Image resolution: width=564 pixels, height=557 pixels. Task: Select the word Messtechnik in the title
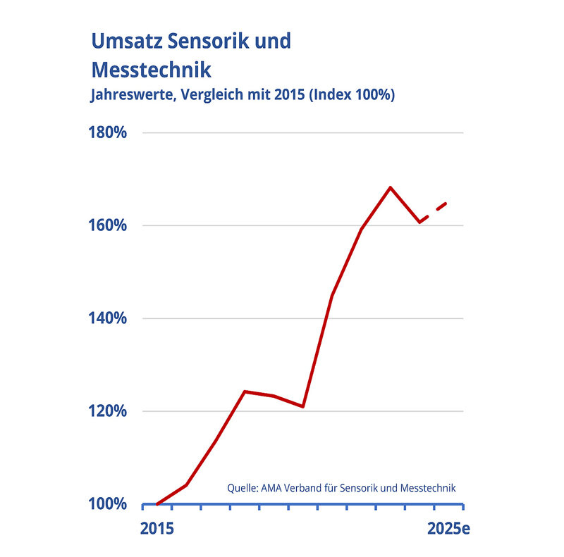152,70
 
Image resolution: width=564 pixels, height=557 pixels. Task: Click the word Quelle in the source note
242,487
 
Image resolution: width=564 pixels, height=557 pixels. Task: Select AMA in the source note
272,487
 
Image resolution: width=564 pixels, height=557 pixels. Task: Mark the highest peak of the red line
390,187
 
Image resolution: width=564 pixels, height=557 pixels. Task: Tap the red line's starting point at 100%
157,504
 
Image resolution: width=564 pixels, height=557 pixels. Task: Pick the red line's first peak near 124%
244,392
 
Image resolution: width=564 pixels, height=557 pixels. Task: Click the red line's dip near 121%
302,406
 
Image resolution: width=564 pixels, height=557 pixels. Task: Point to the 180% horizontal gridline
303,133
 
